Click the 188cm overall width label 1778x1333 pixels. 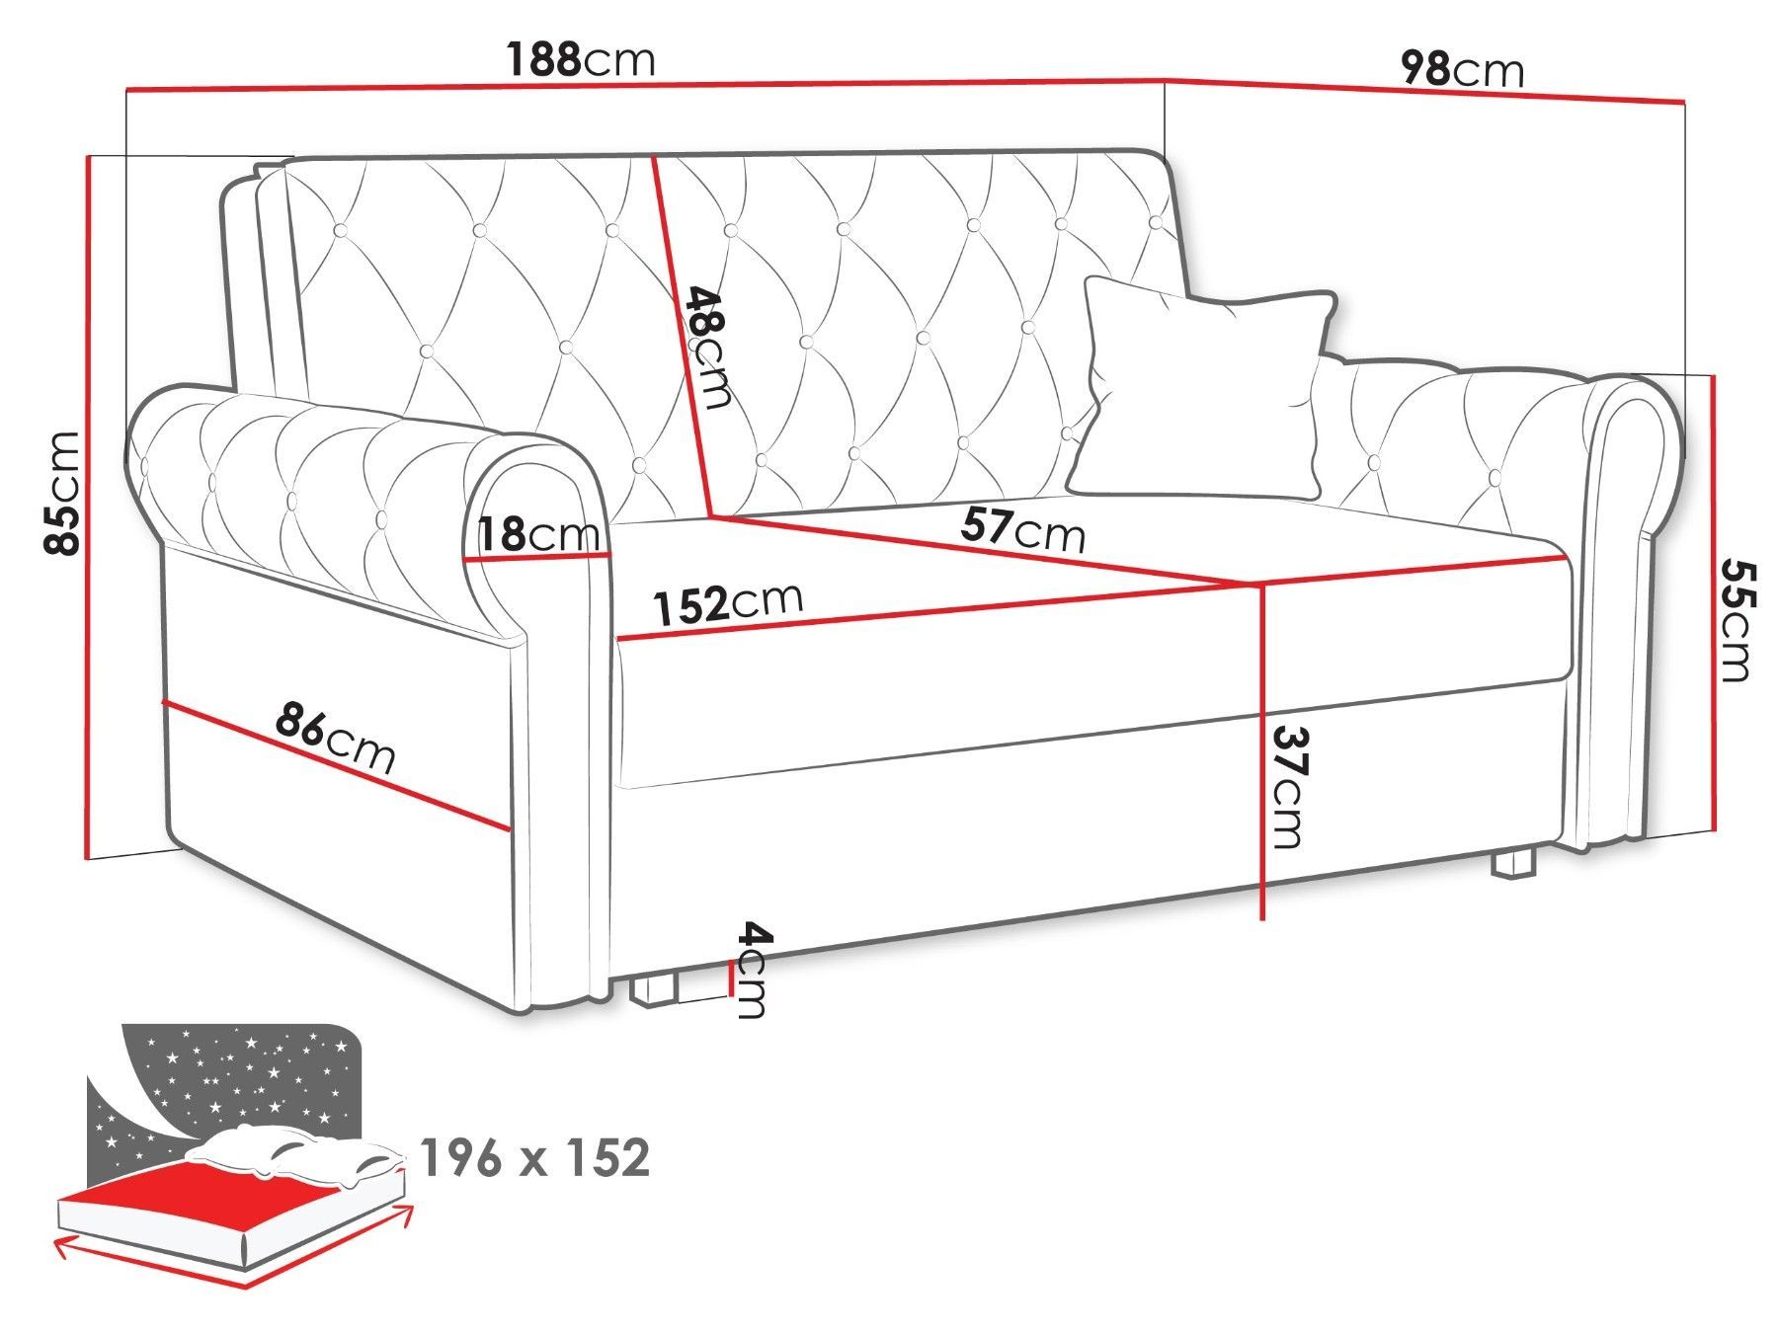tap(581, 60)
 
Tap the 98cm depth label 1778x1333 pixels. tap(1463, 70)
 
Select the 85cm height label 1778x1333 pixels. tap(62, 493)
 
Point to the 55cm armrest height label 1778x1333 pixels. tap(1734, 622)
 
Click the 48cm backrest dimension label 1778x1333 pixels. tap(707, 348)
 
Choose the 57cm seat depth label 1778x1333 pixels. tap(1022, 531)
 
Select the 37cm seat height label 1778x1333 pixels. tap(1286, 788)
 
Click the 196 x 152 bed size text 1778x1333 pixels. tap(535, 1157)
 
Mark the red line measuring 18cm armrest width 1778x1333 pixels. tap(539, 558)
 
